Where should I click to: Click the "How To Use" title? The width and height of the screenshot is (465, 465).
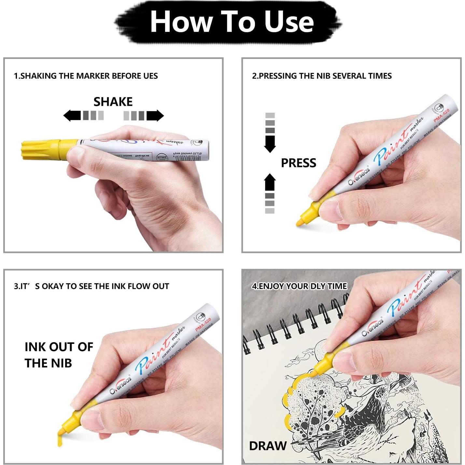[x=232, y=21]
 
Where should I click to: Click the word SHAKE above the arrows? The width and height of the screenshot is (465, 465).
[x=113, y=102]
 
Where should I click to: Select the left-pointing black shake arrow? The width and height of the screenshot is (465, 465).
[x=72, y=115]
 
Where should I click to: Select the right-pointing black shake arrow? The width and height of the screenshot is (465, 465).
[x=155, y=116]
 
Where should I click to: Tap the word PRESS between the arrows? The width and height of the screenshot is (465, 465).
[x=298, y=163]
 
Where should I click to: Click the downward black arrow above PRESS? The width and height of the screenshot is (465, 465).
[x=270, y=144]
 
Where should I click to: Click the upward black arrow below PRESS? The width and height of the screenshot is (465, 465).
[x=270, y=182]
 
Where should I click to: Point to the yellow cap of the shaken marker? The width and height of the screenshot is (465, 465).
[x=41, y=150]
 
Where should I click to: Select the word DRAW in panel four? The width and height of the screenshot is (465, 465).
[x=268, y=446]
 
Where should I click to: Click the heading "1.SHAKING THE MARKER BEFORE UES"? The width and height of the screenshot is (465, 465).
[x=86, y=76]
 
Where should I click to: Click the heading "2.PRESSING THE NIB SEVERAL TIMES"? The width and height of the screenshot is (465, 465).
[x=322, y=76]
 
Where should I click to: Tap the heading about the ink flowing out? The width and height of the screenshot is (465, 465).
[x=92, y=286]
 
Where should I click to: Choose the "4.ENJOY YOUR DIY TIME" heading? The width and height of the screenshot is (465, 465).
[x=299, y=286]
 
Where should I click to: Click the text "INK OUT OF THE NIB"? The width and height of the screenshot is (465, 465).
[x=59, y=355]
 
